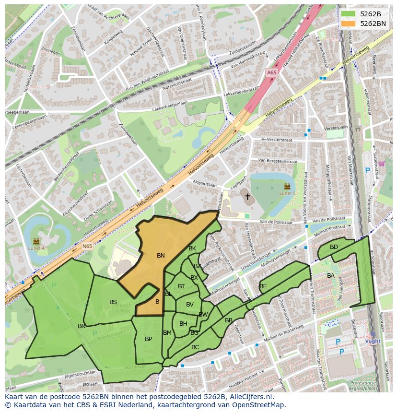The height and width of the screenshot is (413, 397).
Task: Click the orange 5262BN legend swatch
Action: (349, 24)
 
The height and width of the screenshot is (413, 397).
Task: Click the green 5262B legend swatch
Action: (349, 14)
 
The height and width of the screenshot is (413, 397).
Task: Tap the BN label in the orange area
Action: (161, 256)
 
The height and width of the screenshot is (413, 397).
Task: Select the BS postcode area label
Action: (113, 302)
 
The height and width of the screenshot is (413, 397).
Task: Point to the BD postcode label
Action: (334, 247)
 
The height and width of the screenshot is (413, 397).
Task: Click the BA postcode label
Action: (331, 276)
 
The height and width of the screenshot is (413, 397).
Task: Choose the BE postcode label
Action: (263, 286)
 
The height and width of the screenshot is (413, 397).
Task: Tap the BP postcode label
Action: (148, 339)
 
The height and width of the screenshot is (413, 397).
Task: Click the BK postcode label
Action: (192, 248)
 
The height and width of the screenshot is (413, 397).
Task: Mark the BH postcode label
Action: (183, 324)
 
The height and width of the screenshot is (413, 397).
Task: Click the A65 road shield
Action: (272, 72)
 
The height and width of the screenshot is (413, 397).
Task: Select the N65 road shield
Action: (87, 246)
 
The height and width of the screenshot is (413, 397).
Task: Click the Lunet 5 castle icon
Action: (287, 186)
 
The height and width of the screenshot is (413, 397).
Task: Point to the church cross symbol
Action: (247, 196)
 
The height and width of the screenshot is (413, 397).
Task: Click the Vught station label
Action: (373, 341)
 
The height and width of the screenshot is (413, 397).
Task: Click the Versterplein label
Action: (336, 128)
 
